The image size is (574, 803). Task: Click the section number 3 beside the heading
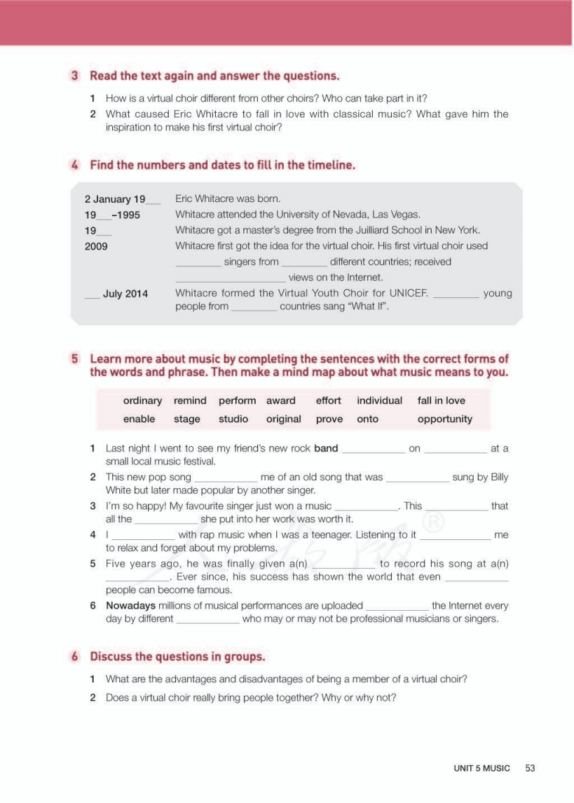coord(74,76)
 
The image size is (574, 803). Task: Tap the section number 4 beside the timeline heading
coord(74,166)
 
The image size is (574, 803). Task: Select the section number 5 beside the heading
coord(74,359)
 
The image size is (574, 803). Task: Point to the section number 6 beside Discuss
coord(74,657)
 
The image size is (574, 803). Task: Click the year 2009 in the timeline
coord(96,246)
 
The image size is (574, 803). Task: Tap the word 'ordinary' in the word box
coord(142,400)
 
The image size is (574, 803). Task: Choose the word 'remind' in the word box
coord(190,400)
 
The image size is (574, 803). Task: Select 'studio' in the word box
coord(233,419)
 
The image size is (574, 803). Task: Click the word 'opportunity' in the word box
coord(444,419)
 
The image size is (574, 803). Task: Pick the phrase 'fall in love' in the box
coord(441,400)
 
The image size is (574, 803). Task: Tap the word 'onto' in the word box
coord(367,419)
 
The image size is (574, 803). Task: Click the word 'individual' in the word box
coord(379,400)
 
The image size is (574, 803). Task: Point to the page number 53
coord(530,768)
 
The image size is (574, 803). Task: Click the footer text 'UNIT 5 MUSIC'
coord(481,768)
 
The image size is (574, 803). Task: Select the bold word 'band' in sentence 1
coord(326,448)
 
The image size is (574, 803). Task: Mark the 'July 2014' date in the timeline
coord(125,294)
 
